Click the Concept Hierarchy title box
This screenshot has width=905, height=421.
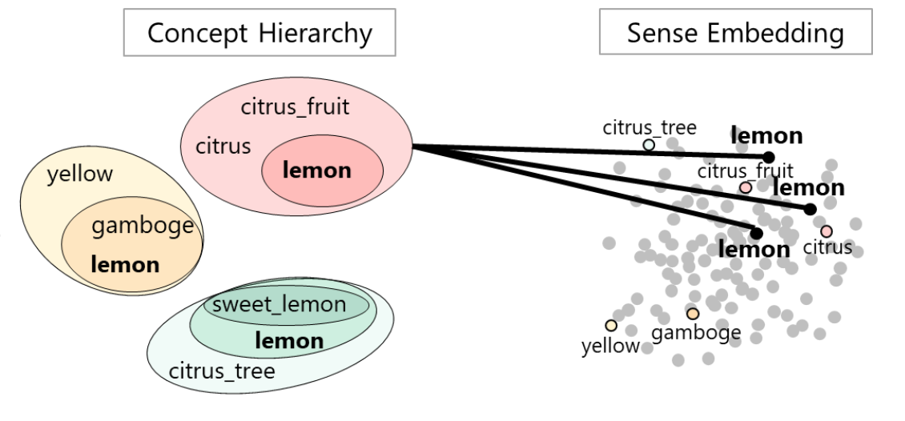pos(259,33)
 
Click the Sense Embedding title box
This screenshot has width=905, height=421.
pos(734,33)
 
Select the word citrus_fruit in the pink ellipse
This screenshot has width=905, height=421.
pos(295,106)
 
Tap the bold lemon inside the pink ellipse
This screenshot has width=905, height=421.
pos(317,170)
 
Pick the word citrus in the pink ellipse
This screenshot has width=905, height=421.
pos(223,146)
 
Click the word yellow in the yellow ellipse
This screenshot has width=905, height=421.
pos(80,174)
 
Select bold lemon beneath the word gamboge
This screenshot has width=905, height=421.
pos(125,264)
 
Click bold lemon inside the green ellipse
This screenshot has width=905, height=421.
pos(289,341)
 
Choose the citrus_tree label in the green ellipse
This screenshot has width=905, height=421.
pos(222,371)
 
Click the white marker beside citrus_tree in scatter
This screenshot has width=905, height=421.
pos(649,145)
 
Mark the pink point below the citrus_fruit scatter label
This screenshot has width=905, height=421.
pos(746,187)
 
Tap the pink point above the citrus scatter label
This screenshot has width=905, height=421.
pos(827,231)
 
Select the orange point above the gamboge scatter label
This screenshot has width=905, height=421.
pos(692,314)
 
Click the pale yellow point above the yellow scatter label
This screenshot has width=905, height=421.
pos(611,325)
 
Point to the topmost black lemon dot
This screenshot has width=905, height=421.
pos(768,157)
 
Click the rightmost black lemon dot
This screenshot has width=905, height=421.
pos(810,209)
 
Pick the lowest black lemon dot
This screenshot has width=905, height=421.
pos(756,233)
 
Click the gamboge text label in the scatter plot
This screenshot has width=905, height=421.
pos(696,332)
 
